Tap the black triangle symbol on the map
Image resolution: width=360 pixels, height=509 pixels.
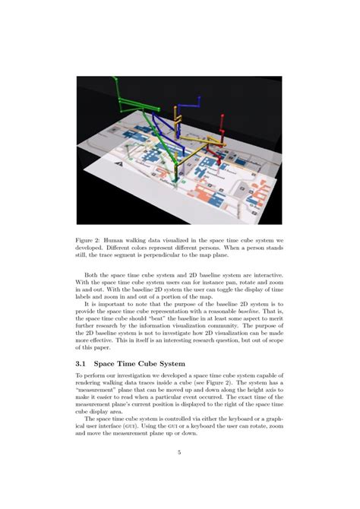[114, 162]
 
